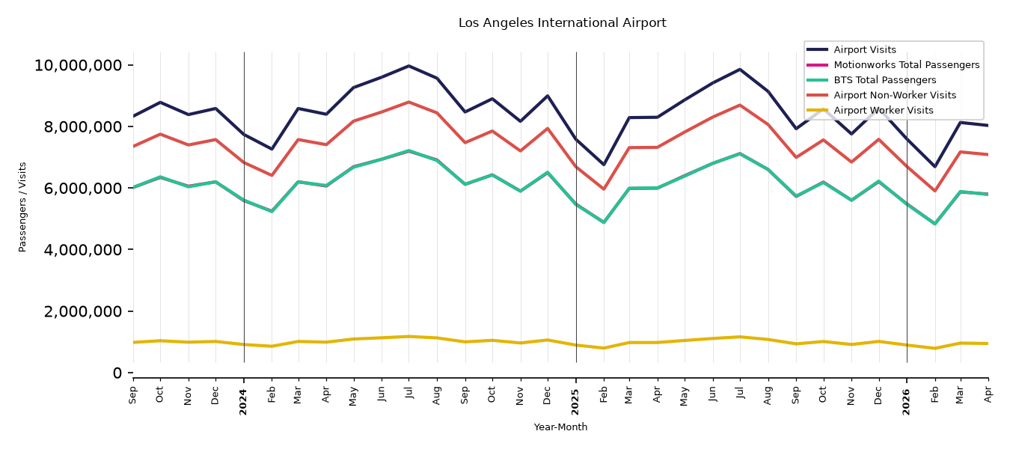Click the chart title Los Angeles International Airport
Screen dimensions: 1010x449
point(563,23)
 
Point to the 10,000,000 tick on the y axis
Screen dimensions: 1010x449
point(78,65)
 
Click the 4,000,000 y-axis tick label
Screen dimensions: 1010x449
point(82,250)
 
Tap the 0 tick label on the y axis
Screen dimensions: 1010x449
point(117,373)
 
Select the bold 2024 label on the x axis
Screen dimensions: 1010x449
point(243,402)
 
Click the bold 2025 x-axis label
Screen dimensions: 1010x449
point(575,402)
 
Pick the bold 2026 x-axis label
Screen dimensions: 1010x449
point(906,402)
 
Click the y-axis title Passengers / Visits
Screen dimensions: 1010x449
point(22,207)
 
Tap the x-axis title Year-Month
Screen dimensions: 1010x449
point(560,427)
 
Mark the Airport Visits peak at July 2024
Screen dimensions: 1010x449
point(408,66)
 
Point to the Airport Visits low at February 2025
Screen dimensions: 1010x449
point(603,165)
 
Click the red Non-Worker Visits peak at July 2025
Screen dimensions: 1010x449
point(739,105)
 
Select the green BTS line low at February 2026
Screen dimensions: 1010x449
point(934,224)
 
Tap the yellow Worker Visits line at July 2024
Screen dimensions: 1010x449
point(408,336)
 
